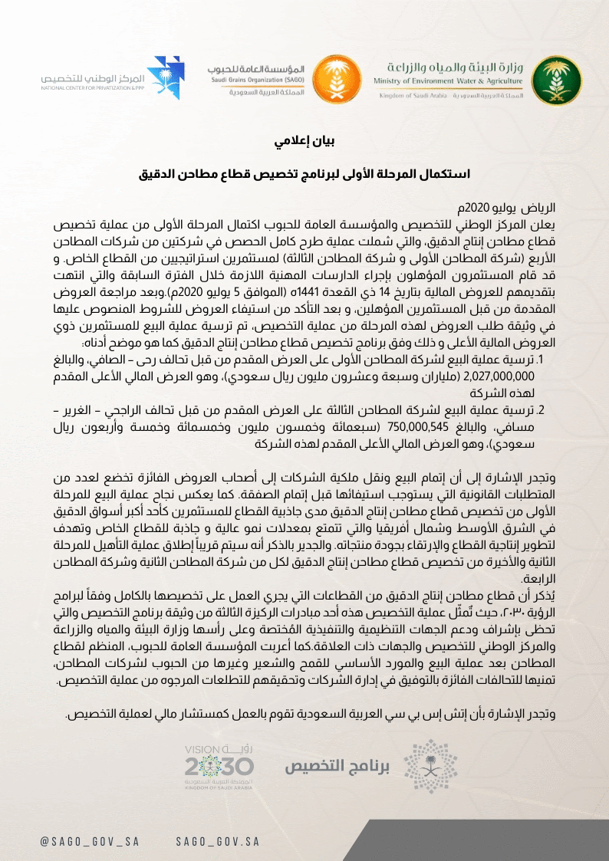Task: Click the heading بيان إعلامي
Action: [x=304, y=142]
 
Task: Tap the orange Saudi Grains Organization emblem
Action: [x=334, y=79]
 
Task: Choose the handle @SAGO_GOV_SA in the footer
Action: [x=90, y=841]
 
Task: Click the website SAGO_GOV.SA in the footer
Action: [x=217, y=841]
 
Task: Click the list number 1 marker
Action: [x=540, y=360]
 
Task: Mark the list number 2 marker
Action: [x=539, y=410]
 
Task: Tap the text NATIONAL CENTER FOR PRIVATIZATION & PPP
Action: [x=93, y=87]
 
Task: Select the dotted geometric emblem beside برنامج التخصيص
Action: [x=423, y=765]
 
